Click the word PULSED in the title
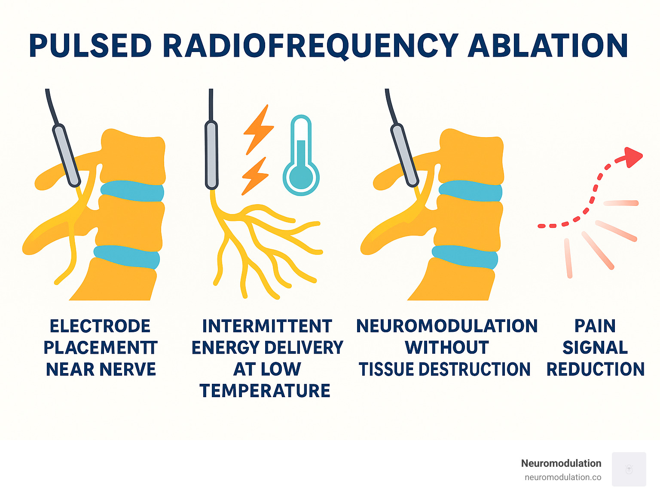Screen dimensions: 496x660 coord(90,46)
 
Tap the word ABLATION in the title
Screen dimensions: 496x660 coord(547,46)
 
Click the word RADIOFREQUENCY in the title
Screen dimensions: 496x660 coord(310,46)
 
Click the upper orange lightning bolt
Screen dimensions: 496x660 coord(258,129)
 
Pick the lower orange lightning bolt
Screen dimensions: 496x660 coord(255,176)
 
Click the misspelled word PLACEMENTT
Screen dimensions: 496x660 coord(101,348)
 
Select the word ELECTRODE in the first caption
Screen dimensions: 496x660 coord(100,326)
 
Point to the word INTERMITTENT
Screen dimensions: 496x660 coord(267,326)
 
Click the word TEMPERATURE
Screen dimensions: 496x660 coord(265,391)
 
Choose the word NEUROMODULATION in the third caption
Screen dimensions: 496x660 coord(447,326)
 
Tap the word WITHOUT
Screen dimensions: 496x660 coord(447,348)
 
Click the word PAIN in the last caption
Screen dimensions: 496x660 coord(595,326)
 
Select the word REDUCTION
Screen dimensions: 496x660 coord(595,369)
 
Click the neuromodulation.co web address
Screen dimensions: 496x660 coord(563,478)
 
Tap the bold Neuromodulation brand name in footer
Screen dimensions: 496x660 coord(561,463)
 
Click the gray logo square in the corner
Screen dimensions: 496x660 coord(629,469)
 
